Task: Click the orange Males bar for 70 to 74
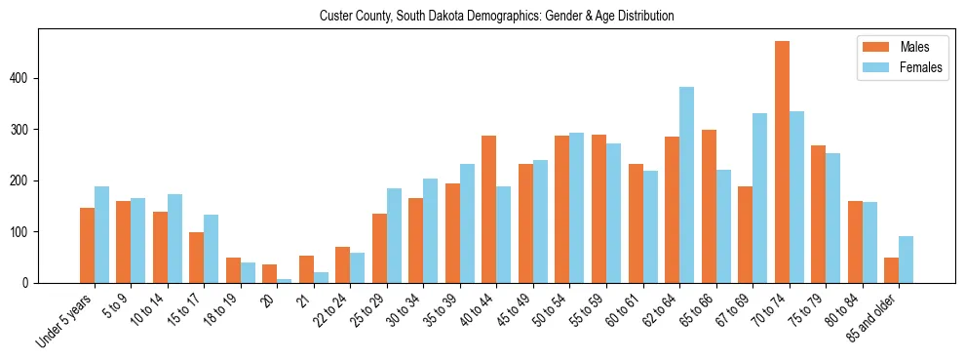point(782,162)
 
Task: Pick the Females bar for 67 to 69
point(759,198)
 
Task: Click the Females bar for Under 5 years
point(101,235)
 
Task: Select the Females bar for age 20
point(284,281)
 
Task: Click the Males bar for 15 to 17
point(196,258)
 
